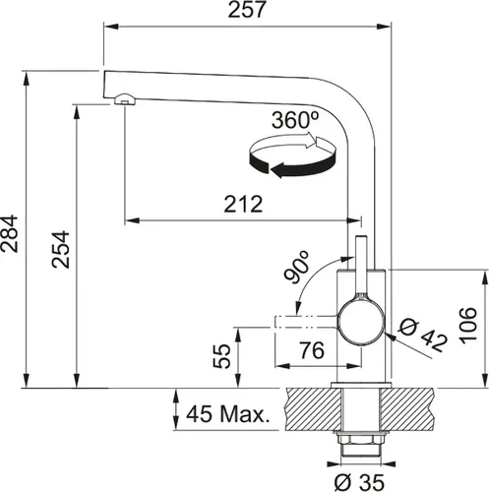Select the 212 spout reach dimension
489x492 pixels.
click(242, 204)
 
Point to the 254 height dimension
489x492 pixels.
click(59, 251)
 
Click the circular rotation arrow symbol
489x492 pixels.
click(295, 157)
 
